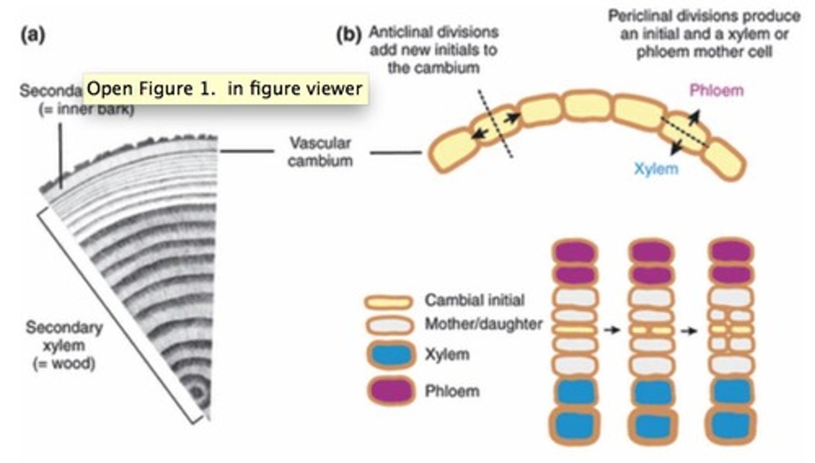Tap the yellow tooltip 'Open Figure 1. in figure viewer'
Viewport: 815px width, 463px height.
pyautogui.click(x=225, y=89)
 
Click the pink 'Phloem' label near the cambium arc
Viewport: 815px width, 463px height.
pyautogui.click(x=716, y=90)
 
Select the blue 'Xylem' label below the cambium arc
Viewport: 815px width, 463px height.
pyautogui.click(x=655, y=169)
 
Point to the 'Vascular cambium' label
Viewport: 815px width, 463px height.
pyautogui.click(x=320, y=151)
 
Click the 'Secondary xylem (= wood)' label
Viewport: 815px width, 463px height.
pyautogui.click(x=65, y=345)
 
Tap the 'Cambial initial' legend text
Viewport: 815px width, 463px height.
pyautogui.click(x=475, y=300)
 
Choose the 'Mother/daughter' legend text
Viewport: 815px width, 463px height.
pyautogui.click(x=483, y=325)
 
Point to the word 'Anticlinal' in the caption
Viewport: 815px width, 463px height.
pyautogui.click(x=397, y=31)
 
